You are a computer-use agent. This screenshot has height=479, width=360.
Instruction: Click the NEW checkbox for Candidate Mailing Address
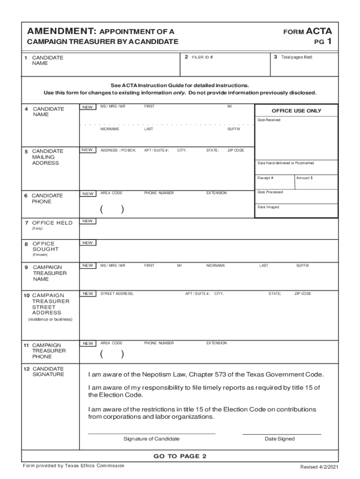pos(87,150)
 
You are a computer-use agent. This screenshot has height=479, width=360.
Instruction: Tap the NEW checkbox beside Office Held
pos(87,221)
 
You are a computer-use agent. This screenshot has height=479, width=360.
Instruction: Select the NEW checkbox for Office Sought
pos(87,243)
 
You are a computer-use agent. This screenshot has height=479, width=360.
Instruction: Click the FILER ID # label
pos(202,57)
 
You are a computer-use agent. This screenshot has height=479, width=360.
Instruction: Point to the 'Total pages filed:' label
pos(296,57)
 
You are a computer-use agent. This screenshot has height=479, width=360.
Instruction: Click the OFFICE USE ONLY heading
pos(296,111)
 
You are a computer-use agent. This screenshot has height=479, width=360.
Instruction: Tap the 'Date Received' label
pos(269,120)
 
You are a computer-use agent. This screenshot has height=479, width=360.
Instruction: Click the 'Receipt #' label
pos(266,178)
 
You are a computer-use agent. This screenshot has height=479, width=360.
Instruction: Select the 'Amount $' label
pos(305,178)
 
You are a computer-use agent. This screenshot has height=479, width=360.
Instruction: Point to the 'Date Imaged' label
pos(268,207)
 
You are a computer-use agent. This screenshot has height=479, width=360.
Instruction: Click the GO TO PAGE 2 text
pos(180,456)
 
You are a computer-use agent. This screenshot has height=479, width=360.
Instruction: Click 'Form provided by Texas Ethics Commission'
pos(73,465)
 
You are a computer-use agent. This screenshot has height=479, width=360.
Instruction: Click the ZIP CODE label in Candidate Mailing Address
pos(236,150)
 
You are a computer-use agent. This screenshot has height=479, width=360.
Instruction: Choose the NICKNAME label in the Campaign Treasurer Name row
pos(216,265)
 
